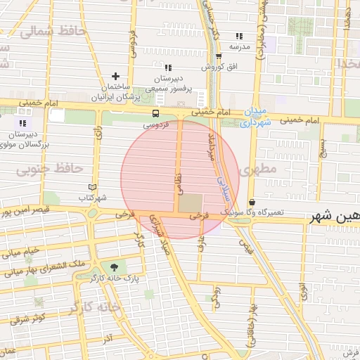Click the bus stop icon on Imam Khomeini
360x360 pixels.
155,113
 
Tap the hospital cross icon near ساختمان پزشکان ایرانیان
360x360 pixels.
116,76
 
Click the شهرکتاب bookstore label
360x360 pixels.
91,198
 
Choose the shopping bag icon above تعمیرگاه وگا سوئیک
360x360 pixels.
252,203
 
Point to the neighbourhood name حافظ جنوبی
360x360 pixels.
49,169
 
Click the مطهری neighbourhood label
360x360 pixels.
254,170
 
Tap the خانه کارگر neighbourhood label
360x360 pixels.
96,308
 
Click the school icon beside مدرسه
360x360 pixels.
239,36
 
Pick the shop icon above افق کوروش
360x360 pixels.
219,57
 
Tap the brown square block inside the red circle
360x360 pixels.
189,202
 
